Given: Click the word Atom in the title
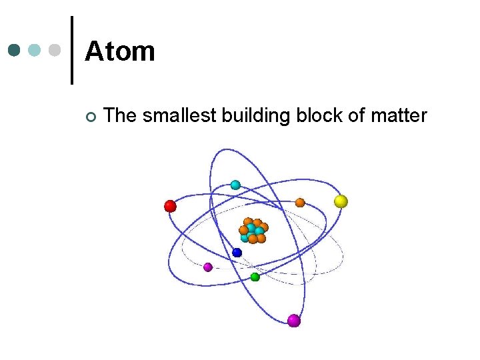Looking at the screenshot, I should (120, 51).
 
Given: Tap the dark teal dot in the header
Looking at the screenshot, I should (15, 50).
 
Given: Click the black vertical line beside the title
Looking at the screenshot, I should (71, 50).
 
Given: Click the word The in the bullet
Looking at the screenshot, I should (121, 116).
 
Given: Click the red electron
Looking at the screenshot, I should (170, 206).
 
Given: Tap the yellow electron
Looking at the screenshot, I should (341, 201).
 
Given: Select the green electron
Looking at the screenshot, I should (255, 277).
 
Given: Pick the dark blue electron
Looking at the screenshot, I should (237, 253).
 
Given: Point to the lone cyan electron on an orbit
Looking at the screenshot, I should (235, 185).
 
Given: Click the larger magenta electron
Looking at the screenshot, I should (294, 321).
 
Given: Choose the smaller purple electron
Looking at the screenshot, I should (207, 267).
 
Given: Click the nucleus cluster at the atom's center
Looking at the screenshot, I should (253, 230).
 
